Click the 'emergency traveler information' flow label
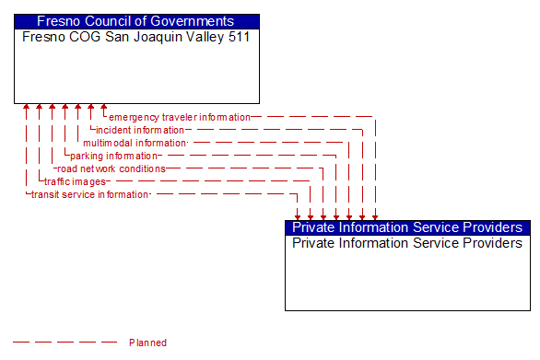(x=179, y=118)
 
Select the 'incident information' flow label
(x=140, y=131)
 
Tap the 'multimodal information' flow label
(x=135, y=144)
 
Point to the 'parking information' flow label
(x=113, y=157)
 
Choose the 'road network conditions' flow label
(x=111, y=169)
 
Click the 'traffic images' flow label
(x=75, y=182)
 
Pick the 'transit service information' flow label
(x=89, y=195)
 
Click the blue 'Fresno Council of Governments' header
(x=136, y=21)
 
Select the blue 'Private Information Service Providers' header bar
(x=407, y=227)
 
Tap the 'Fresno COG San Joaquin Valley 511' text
(x=135, y=38)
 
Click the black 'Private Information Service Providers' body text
(x=407, y=244)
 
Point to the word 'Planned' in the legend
(x=147, y=343)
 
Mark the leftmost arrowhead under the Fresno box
(x=27, y=108)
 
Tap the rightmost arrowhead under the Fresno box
(x=104, y=108)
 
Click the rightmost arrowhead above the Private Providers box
(x=375, y=216)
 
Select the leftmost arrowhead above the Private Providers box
(x=298, y=216)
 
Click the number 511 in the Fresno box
(x=238, y=38)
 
